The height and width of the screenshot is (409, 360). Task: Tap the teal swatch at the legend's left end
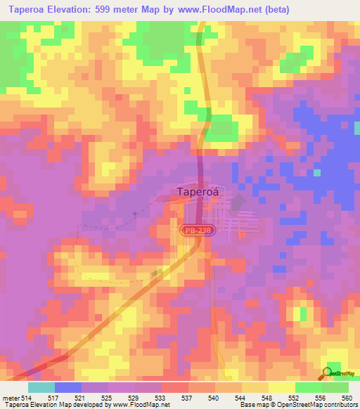(41, 387)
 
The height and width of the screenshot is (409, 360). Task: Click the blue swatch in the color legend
(68, 387)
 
